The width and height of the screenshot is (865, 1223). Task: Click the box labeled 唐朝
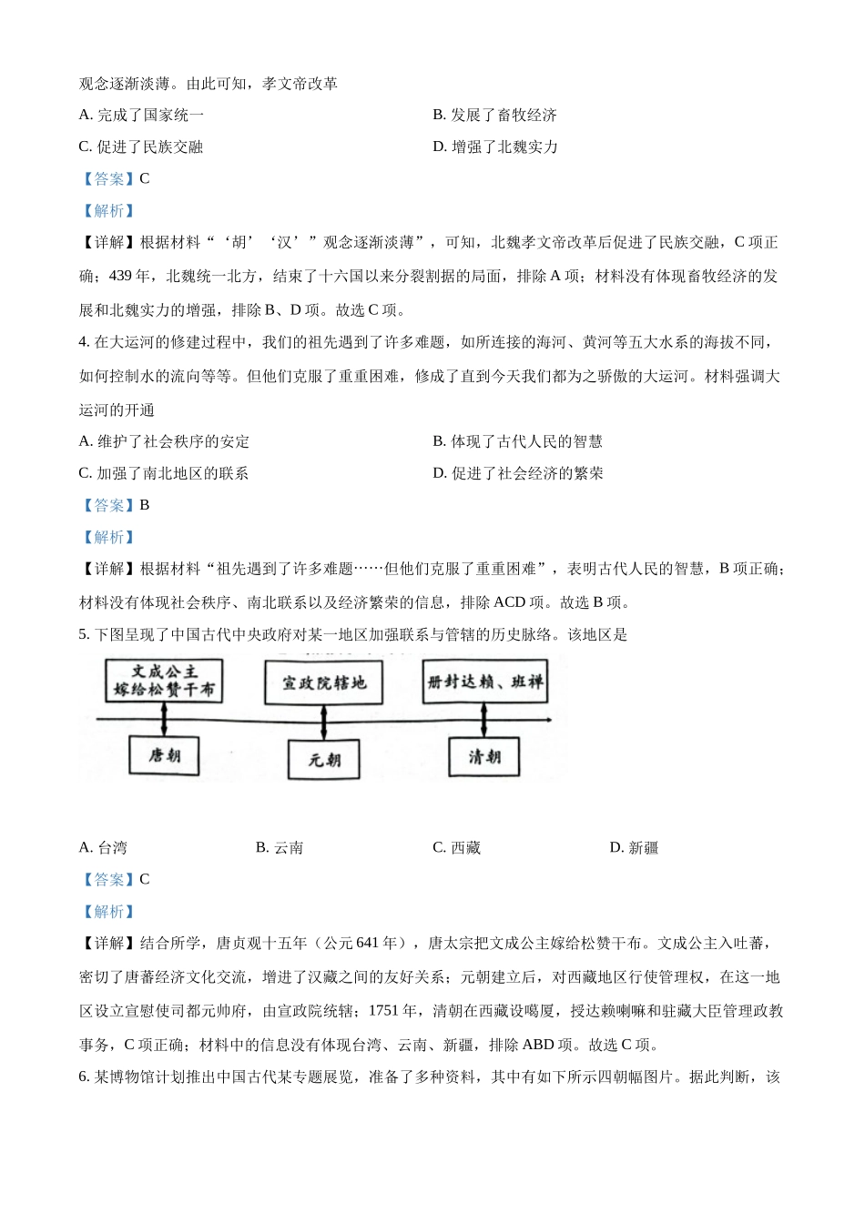click(164, 754)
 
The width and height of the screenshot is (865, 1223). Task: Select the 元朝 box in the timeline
click(324, 759)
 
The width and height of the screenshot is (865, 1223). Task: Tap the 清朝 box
click(483, 756)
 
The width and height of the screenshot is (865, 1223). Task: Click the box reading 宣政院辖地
click(324, 682)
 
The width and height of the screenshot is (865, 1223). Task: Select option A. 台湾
click(103, 847)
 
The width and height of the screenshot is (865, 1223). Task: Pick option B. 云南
click(280, 847)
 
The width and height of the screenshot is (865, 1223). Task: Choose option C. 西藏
click(456, 847)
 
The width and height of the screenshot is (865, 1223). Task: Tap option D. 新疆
click(634, 847)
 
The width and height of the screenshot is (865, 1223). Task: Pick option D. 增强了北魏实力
click(495, 147)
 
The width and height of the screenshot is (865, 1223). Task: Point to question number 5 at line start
click(84, 634)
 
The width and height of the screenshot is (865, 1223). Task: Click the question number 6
click(84, 1076)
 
